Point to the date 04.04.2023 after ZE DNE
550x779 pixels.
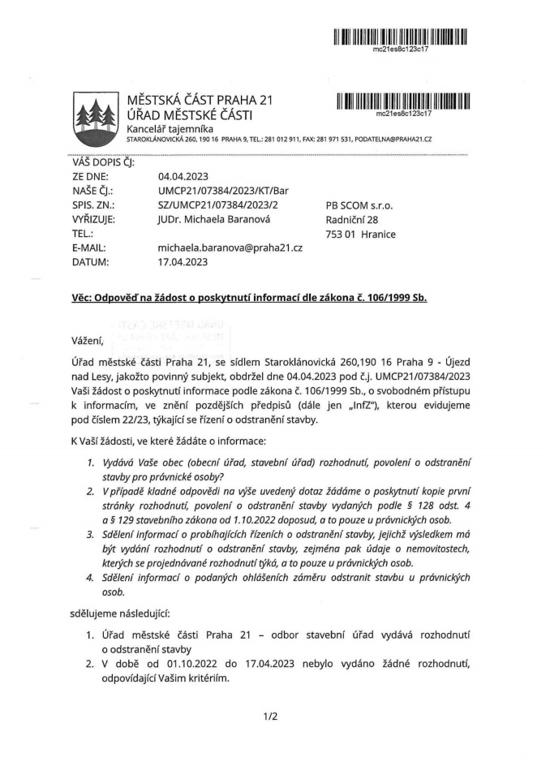coord(183,176)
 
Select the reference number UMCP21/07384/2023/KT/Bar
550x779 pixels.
coord(224,191)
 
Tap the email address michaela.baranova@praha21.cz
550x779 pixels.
coord(230,247)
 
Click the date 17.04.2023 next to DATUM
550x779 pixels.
coord(183,262)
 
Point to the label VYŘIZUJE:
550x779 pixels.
coord(94,220)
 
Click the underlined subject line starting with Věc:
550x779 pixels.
coord(249,298)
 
